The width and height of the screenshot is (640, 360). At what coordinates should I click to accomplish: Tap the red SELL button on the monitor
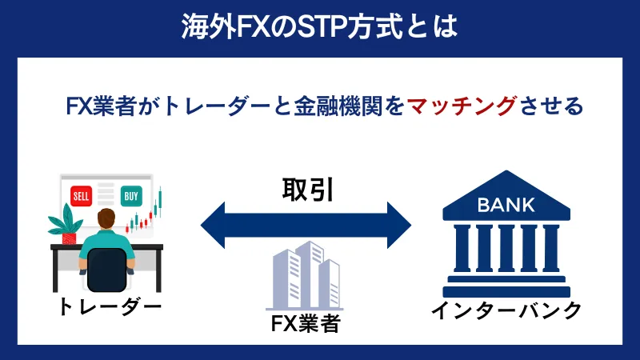click(82, 196)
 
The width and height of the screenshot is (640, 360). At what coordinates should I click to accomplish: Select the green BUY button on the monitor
click(130, 196)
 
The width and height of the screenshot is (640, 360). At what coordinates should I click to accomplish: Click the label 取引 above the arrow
click(307, 189)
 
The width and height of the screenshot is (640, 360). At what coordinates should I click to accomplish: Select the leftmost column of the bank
click(460, 249)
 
